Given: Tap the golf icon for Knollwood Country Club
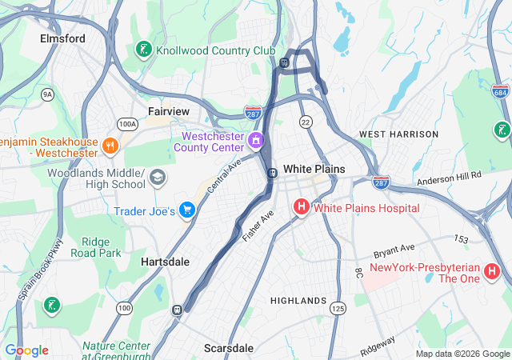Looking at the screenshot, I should click(144, 50).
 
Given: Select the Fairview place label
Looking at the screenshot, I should click(168, 111).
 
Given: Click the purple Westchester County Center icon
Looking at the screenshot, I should click(256, 142).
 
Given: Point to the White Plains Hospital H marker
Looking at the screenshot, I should click(302, 208).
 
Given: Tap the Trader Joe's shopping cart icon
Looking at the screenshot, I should click(187, 210).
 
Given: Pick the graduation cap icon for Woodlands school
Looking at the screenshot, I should click(158, 177).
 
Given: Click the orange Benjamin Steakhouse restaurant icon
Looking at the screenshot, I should click(110, 146).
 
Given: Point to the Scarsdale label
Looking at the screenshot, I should click(229, 348).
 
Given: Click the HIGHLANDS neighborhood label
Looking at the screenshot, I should click(298, 301).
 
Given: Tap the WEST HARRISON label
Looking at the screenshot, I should click(398, 134).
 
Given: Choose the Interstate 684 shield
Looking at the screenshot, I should click(501, 90).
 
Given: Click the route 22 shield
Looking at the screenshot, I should click(306, 121).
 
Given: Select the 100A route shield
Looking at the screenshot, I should click(126, 124).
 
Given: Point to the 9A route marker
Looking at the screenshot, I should click(47, 94).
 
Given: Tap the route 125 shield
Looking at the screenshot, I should click(338, 308).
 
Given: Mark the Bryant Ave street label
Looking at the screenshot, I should click(395, 249).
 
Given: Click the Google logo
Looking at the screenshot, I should click(27, 350).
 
